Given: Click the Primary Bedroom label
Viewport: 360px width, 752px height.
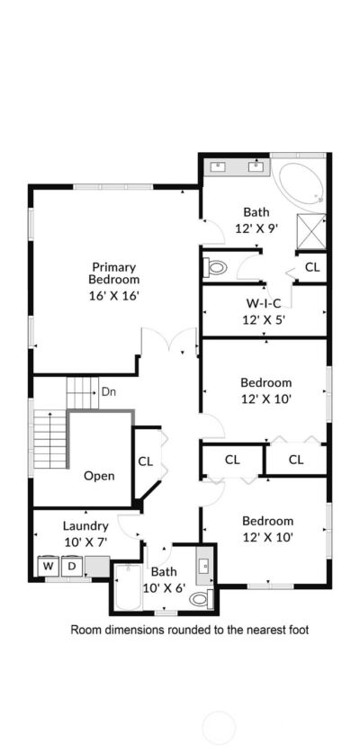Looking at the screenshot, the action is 114,273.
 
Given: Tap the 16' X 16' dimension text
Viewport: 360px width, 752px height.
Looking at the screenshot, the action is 114,295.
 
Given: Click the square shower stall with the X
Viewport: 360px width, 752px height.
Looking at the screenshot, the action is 311,232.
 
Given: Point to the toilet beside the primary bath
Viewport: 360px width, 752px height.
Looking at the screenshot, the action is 215,267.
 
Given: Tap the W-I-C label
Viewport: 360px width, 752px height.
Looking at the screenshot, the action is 263,303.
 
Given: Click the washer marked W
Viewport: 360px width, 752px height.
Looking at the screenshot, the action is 49,567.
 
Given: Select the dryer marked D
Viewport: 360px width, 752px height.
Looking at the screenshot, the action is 72,567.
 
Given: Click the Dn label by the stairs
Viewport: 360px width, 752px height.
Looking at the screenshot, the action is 108,391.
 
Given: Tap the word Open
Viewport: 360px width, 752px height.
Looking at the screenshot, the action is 99,476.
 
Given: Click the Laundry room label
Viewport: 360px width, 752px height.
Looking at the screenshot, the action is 85,526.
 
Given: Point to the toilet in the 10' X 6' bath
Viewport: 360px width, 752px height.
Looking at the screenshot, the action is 202,598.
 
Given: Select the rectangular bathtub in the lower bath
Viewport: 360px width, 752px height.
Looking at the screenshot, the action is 128,587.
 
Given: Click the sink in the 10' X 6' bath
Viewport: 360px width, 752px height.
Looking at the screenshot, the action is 204,566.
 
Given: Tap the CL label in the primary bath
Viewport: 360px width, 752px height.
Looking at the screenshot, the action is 312,268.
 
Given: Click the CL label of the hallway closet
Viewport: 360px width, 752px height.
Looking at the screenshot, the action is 146,461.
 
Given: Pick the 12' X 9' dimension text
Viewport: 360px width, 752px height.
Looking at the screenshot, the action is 256,228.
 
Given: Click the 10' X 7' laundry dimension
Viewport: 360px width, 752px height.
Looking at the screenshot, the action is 85,542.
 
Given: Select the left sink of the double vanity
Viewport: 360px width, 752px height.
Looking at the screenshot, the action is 219,166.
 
